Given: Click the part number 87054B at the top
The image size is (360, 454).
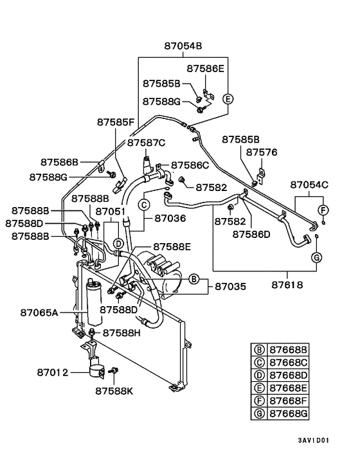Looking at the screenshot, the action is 183,46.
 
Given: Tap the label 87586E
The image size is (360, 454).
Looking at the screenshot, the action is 206,68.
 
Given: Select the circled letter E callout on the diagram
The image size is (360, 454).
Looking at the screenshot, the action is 228,99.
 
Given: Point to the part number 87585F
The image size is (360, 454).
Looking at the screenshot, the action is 116,122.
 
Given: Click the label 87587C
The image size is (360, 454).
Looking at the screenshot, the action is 147,143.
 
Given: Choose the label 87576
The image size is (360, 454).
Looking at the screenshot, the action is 262,152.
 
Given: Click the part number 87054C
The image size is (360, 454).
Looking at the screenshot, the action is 309,185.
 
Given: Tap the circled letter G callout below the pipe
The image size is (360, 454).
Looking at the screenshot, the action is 316,257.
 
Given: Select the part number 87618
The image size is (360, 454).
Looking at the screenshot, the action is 287,285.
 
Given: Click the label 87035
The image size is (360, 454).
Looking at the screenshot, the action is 230,286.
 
